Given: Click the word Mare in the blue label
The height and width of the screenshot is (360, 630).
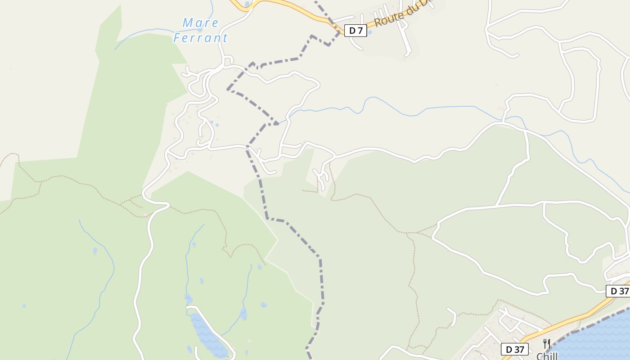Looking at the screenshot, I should click(200, 22).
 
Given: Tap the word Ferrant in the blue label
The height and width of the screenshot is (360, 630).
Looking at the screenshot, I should click(201, 38).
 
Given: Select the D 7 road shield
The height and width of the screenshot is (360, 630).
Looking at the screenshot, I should click(355, 31).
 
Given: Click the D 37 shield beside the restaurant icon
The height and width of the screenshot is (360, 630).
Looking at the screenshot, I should click(514, 349).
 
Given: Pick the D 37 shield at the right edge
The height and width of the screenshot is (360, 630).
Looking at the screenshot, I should click(619, 291).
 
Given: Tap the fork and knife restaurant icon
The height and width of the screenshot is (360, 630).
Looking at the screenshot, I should click(547, 344).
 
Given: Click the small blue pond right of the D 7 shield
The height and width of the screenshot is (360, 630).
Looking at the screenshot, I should click(370, 32).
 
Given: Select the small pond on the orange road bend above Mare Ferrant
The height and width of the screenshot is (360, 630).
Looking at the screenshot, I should click(247, 4).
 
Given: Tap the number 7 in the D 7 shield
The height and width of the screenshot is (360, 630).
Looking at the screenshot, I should click(360, 31).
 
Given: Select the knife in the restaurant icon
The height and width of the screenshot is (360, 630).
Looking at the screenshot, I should click(549, 344).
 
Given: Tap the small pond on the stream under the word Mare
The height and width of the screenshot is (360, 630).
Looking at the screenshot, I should click(200, 30).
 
